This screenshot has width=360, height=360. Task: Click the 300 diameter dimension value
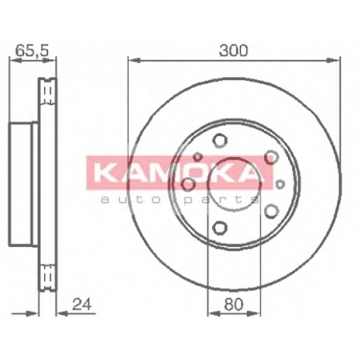pyautogui.click(x=233, y=50)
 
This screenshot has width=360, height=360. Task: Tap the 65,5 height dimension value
pyautogui.click(x=32, y=50)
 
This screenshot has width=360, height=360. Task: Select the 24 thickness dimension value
pyautogui.click(x=82, y=305)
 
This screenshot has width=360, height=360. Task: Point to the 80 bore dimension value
pyautogui.click(x=233, y=305)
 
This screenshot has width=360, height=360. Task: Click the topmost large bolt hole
pyautogui.click(x=220, y=140)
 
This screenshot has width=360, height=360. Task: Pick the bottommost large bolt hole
pyautogui.click(x=220, y=228)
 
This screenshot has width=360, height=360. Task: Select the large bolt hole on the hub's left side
pyautogui.click(x=188, y=185)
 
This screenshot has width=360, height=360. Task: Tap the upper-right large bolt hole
pyautogui.click(x=271, y=157)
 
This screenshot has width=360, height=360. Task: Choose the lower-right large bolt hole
pyautogui.click(x=271, y=211)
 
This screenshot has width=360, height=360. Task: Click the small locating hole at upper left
pyautogui.click(x=198, y=157)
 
